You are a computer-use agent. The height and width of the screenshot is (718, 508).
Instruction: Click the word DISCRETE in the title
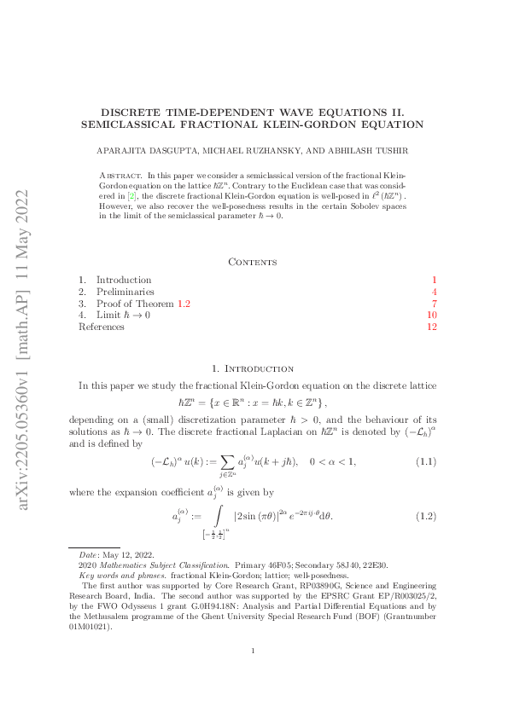[x=133, y=112]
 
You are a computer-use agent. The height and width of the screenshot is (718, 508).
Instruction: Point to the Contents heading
[x=254, y=262]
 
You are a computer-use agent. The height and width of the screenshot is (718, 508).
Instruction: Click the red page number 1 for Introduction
[x=434, y=280]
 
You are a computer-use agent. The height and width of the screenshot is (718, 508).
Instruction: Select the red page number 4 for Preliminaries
[x=434, y=292]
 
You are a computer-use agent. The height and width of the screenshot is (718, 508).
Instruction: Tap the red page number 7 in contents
[x=434, y=304]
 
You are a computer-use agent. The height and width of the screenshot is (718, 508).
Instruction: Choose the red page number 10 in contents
[x=431, y=316]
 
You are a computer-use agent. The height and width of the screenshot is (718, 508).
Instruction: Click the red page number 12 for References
[x=431, y=327]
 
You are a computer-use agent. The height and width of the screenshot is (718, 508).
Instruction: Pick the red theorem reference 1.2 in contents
[x=184, y=304]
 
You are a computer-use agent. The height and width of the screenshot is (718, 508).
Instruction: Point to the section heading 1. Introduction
[x=254, y=368]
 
